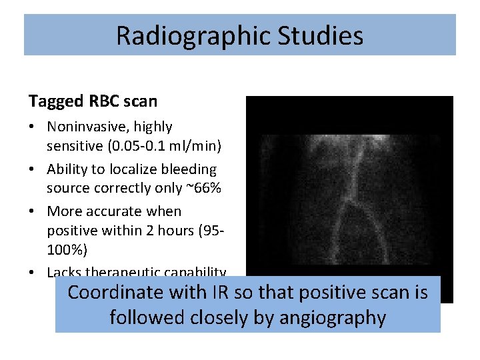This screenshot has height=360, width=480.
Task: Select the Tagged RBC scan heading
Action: pyautogui.click(x=93, y=101)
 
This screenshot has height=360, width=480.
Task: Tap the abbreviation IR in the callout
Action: pyautogui.click(x=220, y=293)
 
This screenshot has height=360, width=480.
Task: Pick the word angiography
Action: pyautogui.click(x=330, y=318)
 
